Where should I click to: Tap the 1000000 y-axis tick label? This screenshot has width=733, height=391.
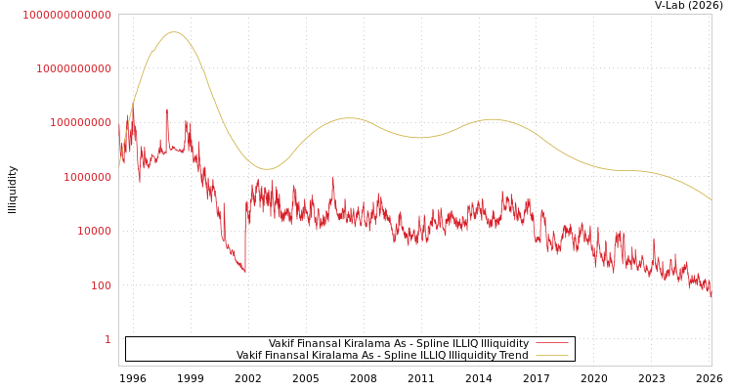point(87,177)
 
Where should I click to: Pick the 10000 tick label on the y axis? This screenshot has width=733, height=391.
point(94,232)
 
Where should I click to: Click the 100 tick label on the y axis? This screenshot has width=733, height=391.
point(101,285)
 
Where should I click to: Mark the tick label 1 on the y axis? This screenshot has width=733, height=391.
point(108,339)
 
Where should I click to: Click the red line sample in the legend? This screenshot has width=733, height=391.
point(552,344)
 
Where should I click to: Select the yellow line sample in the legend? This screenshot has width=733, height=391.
point(552,356)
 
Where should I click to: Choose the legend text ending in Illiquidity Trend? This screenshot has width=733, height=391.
point(382,356)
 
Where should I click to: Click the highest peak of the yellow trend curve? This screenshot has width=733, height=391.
point(174,32)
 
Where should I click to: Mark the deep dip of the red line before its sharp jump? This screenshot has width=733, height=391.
point(244,271)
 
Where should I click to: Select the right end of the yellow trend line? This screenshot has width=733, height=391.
point(711,200)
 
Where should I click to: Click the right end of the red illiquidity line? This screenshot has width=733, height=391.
point(711,293)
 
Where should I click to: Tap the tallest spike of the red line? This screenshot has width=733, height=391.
point(166,109)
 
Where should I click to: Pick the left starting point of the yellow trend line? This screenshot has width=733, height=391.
point(119,164)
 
